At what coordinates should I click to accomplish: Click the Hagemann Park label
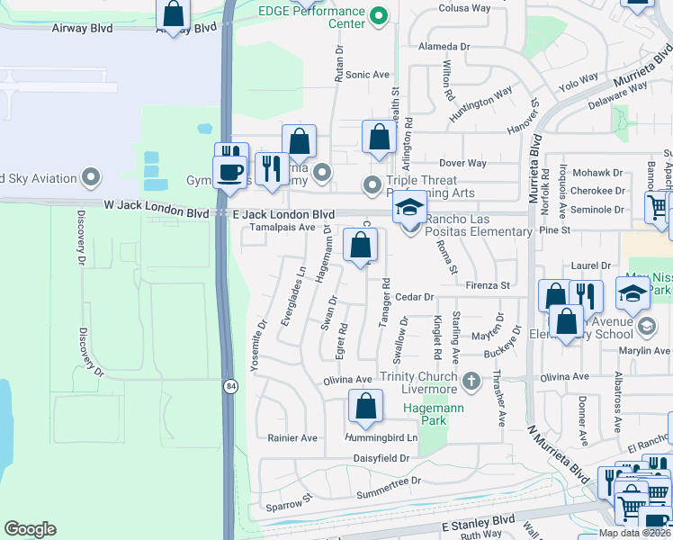(x=424, y=414)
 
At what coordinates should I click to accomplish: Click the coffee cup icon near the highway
(x=229, y=170)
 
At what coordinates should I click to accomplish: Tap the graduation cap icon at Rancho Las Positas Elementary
(x=409, y=209)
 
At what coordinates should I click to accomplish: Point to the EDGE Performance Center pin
(x=379, y=15)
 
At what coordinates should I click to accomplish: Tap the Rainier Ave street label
(x=292, y=438)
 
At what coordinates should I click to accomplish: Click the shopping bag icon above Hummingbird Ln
(x=365, y=407)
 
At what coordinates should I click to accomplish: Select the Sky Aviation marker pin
(x=91, y=177)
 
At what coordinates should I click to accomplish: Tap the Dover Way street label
(x=462, y=163)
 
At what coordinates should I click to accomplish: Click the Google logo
(x=30, y=529)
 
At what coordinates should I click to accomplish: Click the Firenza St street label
(x=488, y=285)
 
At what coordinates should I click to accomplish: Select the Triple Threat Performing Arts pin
(x=372, y=186)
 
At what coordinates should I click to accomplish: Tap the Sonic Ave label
(x=367, y=75)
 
